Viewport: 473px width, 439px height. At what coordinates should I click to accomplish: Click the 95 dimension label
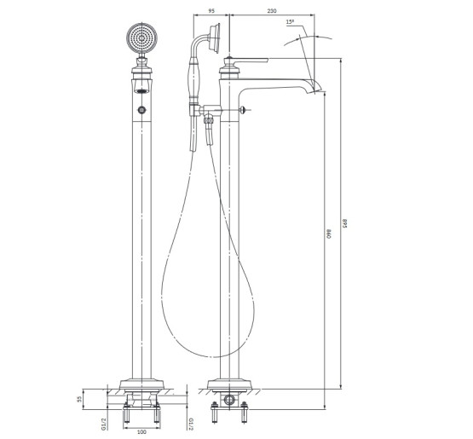pos(211,11)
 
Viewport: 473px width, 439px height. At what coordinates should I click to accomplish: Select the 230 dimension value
pos(272,11)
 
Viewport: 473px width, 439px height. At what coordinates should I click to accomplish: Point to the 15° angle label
pos(290,21)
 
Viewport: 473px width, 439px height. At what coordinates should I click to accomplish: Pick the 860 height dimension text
pos(329,234)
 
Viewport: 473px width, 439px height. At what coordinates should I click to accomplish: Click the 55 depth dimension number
pos(79,399)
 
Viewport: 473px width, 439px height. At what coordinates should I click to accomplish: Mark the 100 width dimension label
pos(141,432)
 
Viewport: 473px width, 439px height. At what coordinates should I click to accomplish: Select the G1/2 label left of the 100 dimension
pos(103,424)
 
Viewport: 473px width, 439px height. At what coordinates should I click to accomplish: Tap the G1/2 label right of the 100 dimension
pos(190,424)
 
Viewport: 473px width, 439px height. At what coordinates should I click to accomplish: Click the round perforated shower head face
pos(141,38)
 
